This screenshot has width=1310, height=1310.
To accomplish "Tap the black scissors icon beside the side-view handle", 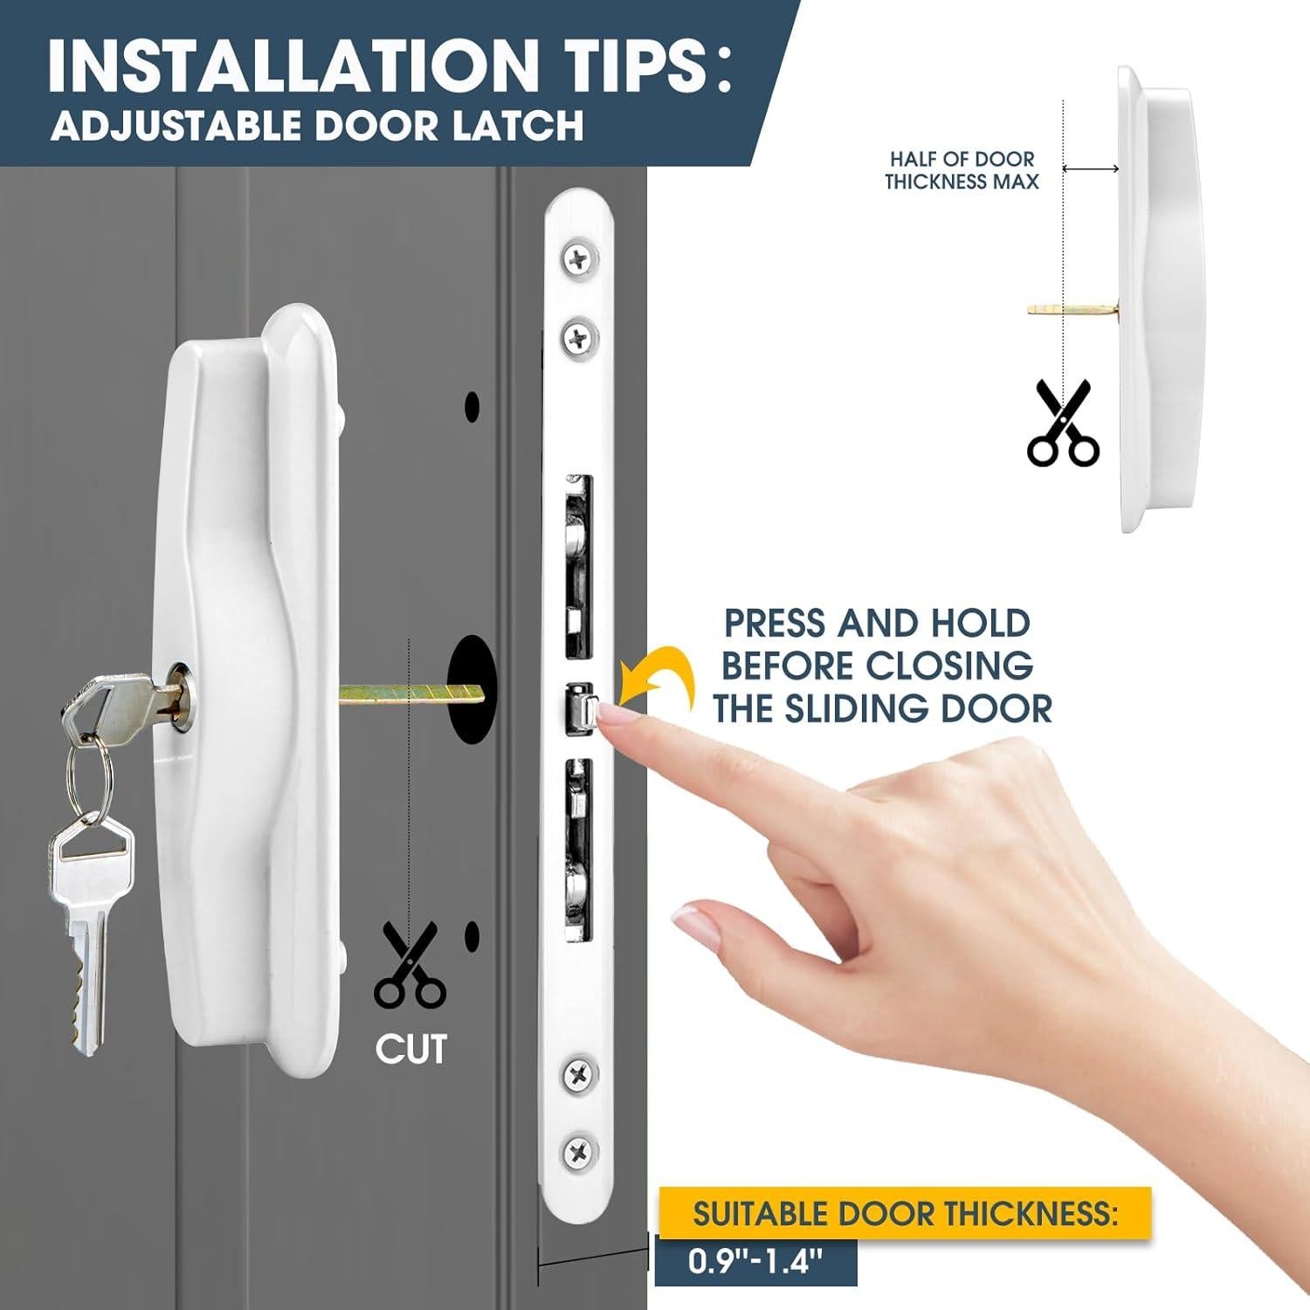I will (1062, 423).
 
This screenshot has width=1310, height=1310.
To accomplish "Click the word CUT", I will (410, 1049).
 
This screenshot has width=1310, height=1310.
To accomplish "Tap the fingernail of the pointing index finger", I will (616, 717).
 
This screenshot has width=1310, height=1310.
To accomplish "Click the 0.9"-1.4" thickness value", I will (755, 1261).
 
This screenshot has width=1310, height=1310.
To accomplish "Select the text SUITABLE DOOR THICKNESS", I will (905, 1214).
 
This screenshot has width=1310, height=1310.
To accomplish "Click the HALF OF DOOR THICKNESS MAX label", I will (962, 170).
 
